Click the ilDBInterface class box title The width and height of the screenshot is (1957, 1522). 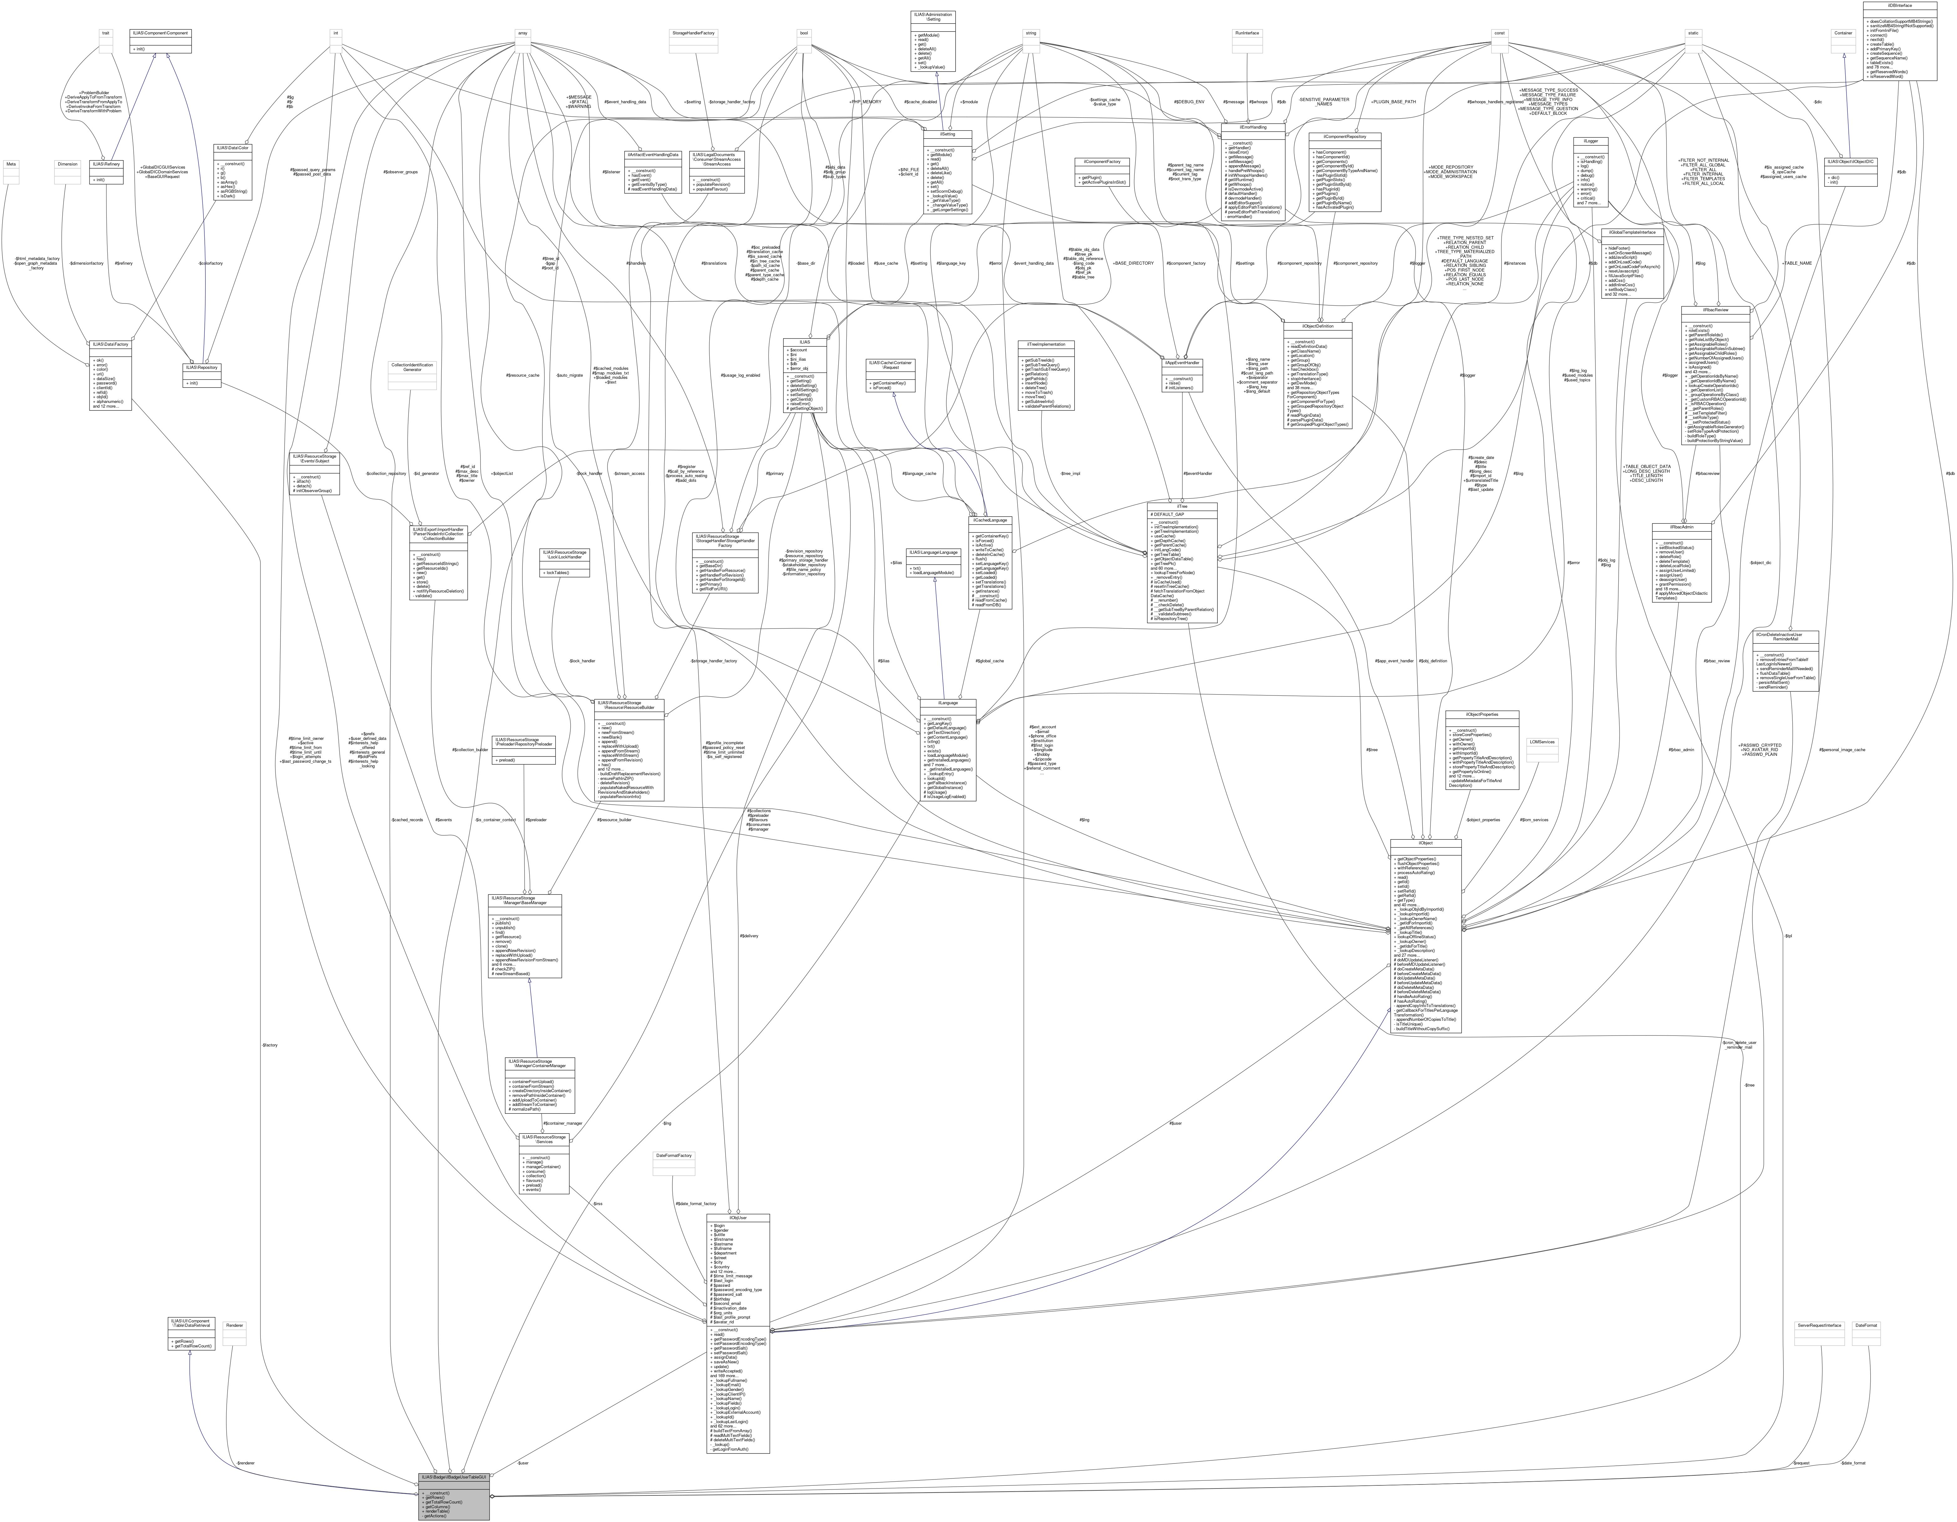click(x=1900, y=5)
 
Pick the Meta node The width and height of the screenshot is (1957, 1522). click(x=11, y=164)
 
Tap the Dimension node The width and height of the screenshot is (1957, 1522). click(x=67, y=164)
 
